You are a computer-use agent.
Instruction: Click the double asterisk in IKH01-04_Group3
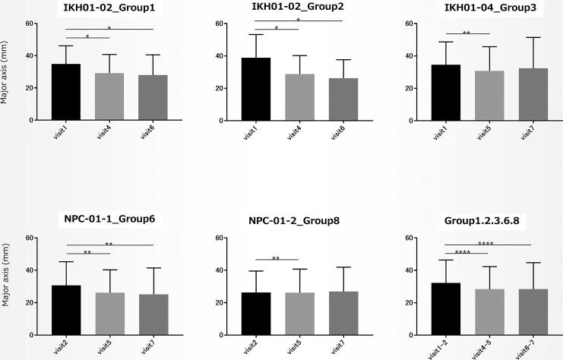coord(467,33)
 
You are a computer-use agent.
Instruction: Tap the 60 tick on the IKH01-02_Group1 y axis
coord(30,24)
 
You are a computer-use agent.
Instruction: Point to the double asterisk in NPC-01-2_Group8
coord(276,258)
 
